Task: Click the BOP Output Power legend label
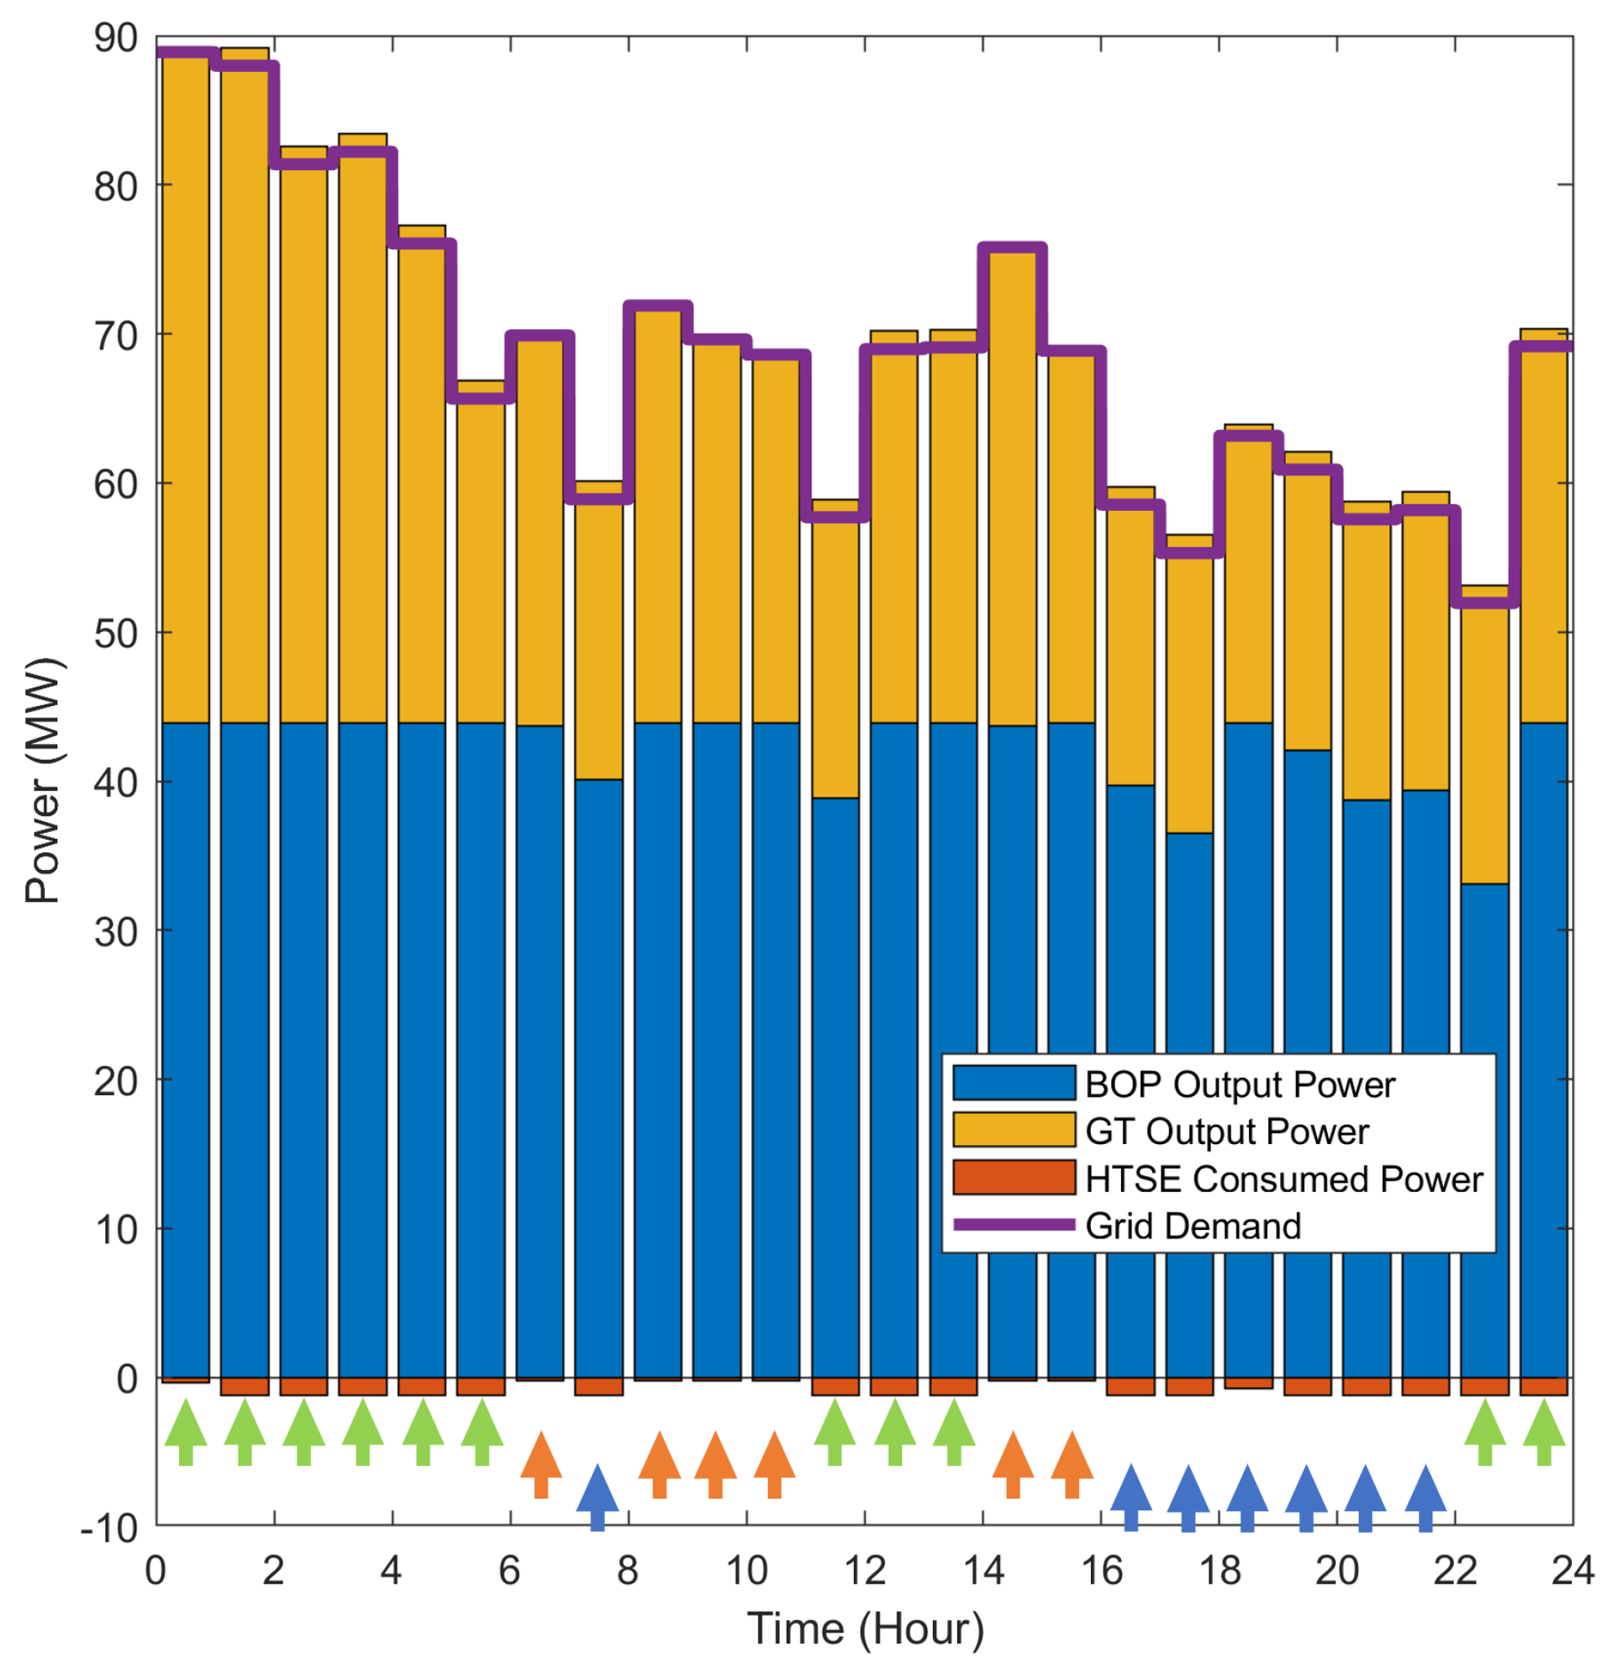click(x=1239, y=1084)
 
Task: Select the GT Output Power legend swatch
click(x=1013, y=1130)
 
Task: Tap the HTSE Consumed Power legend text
click(x=1284, y=1179)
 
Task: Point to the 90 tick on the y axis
click(x=116, y=39)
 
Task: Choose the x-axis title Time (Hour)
click(x=864, y=1629)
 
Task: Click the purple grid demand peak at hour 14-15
click(x=1013, y=249)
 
